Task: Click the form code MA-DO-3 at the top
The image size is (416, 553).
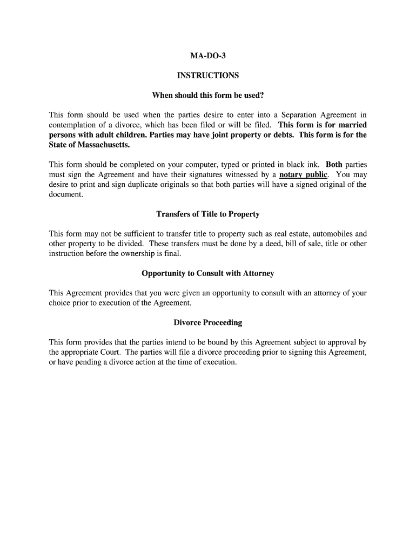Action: [208, 56]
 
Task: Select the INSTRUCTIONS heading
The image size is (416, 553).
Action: [208, 76]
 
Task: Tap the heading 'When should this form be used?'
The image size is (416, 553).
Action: [208, 96]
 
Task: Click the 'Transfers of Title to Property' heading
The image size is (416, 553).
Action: [208, 214]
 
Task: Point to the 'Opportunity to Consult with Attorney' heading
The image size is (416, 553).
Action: [208, 274]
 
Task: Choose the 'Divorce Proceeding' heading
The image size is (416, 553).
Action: [208, 323]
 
